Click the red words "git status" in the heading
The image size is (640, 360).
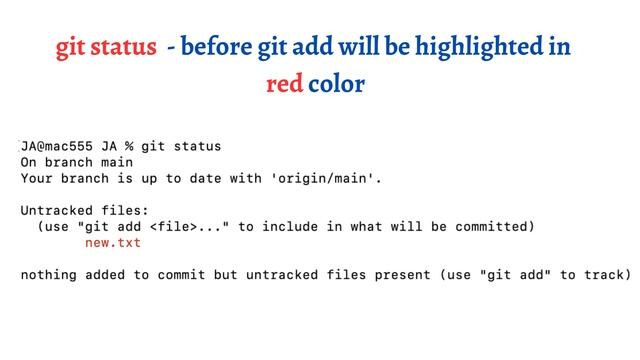click(x=106, y=47)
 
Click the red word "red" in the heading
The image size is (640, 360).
click(x=284, y=83)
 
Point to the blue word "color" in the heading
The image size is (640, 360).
click(x=336, y=83)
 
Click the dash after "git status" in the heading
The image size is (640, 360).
click(x=172, y=48)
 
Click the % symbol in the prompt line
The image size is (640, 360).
click(x=129, y=146)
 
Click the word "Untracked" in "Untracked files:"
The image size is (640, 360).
click(x=56, y=211)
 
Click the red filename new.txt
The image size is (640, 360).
click(x=113, y=243)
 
